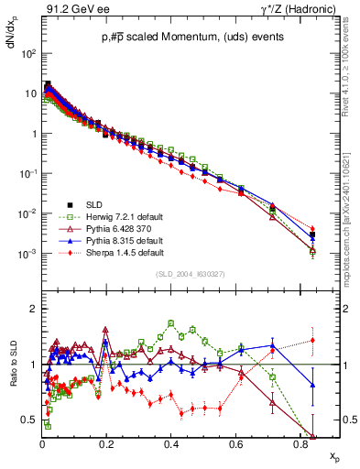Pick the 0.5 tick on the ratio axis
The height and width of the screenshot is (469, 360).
pyautogui.click(x=29, y=420)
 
